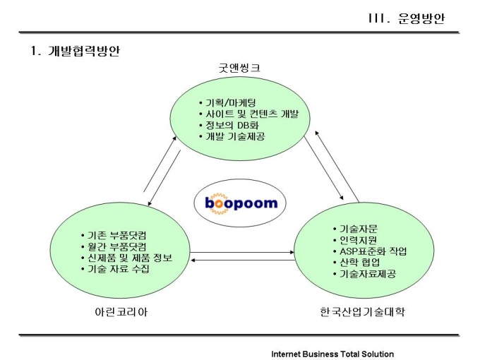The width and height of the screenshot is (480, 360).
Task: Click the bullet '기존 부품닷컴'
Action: coord(117,234)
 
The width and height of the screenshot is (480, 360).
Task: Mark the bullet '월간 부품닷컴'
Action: coord(117,246)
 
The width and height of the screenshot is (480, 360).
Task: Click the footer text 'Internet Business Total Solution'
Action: coord(332,354)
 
